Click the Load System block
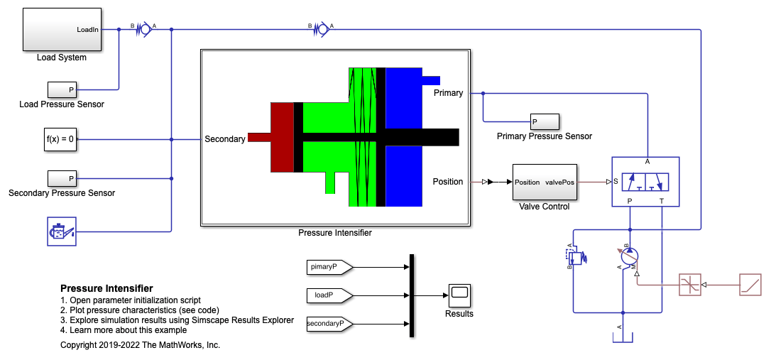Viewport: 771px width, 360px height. (x=62, y=29)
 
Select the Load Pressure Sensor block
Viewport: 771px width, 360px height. (x=62, y=89)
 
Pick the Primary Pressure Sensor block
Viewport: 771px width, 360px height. (x=544, y=121)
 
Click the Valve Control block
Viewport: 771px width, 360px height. (x=544, y=182)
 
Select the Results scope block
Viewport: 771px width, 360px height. (x=459, y=294)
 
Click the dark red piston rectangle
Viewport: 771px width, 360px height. (x=282, y=137)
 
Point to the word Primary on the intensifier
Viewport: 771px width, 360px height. (x=448, y=93)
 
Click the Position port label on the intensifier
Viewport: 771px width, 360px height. (x=448, y=182)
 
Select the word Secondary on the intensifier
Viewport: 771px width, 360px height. (x=225, y=139)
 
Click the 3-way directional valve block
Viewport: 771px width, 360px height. (x=645, y=182)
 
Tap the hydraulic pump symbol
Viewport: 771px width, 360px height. (x=629, y=256)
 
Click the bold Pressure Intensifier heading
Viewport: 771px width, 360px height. (x=106, y=288)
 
